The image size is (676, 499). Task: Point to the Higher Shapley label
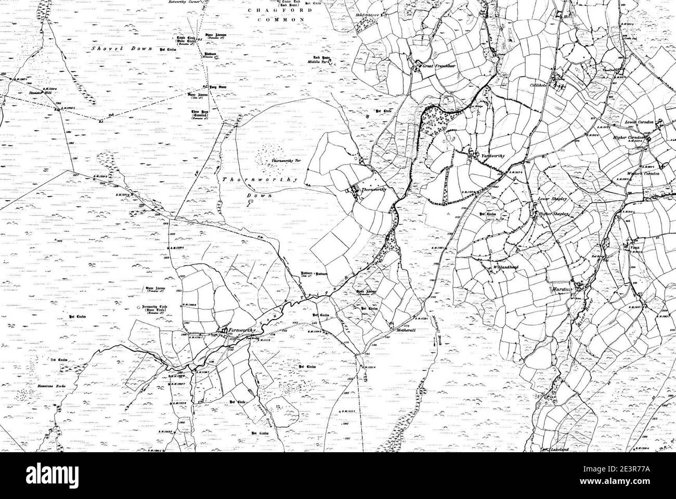pos(555,214)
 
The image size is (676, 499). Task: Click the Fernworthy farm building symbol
pos(223,331)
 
